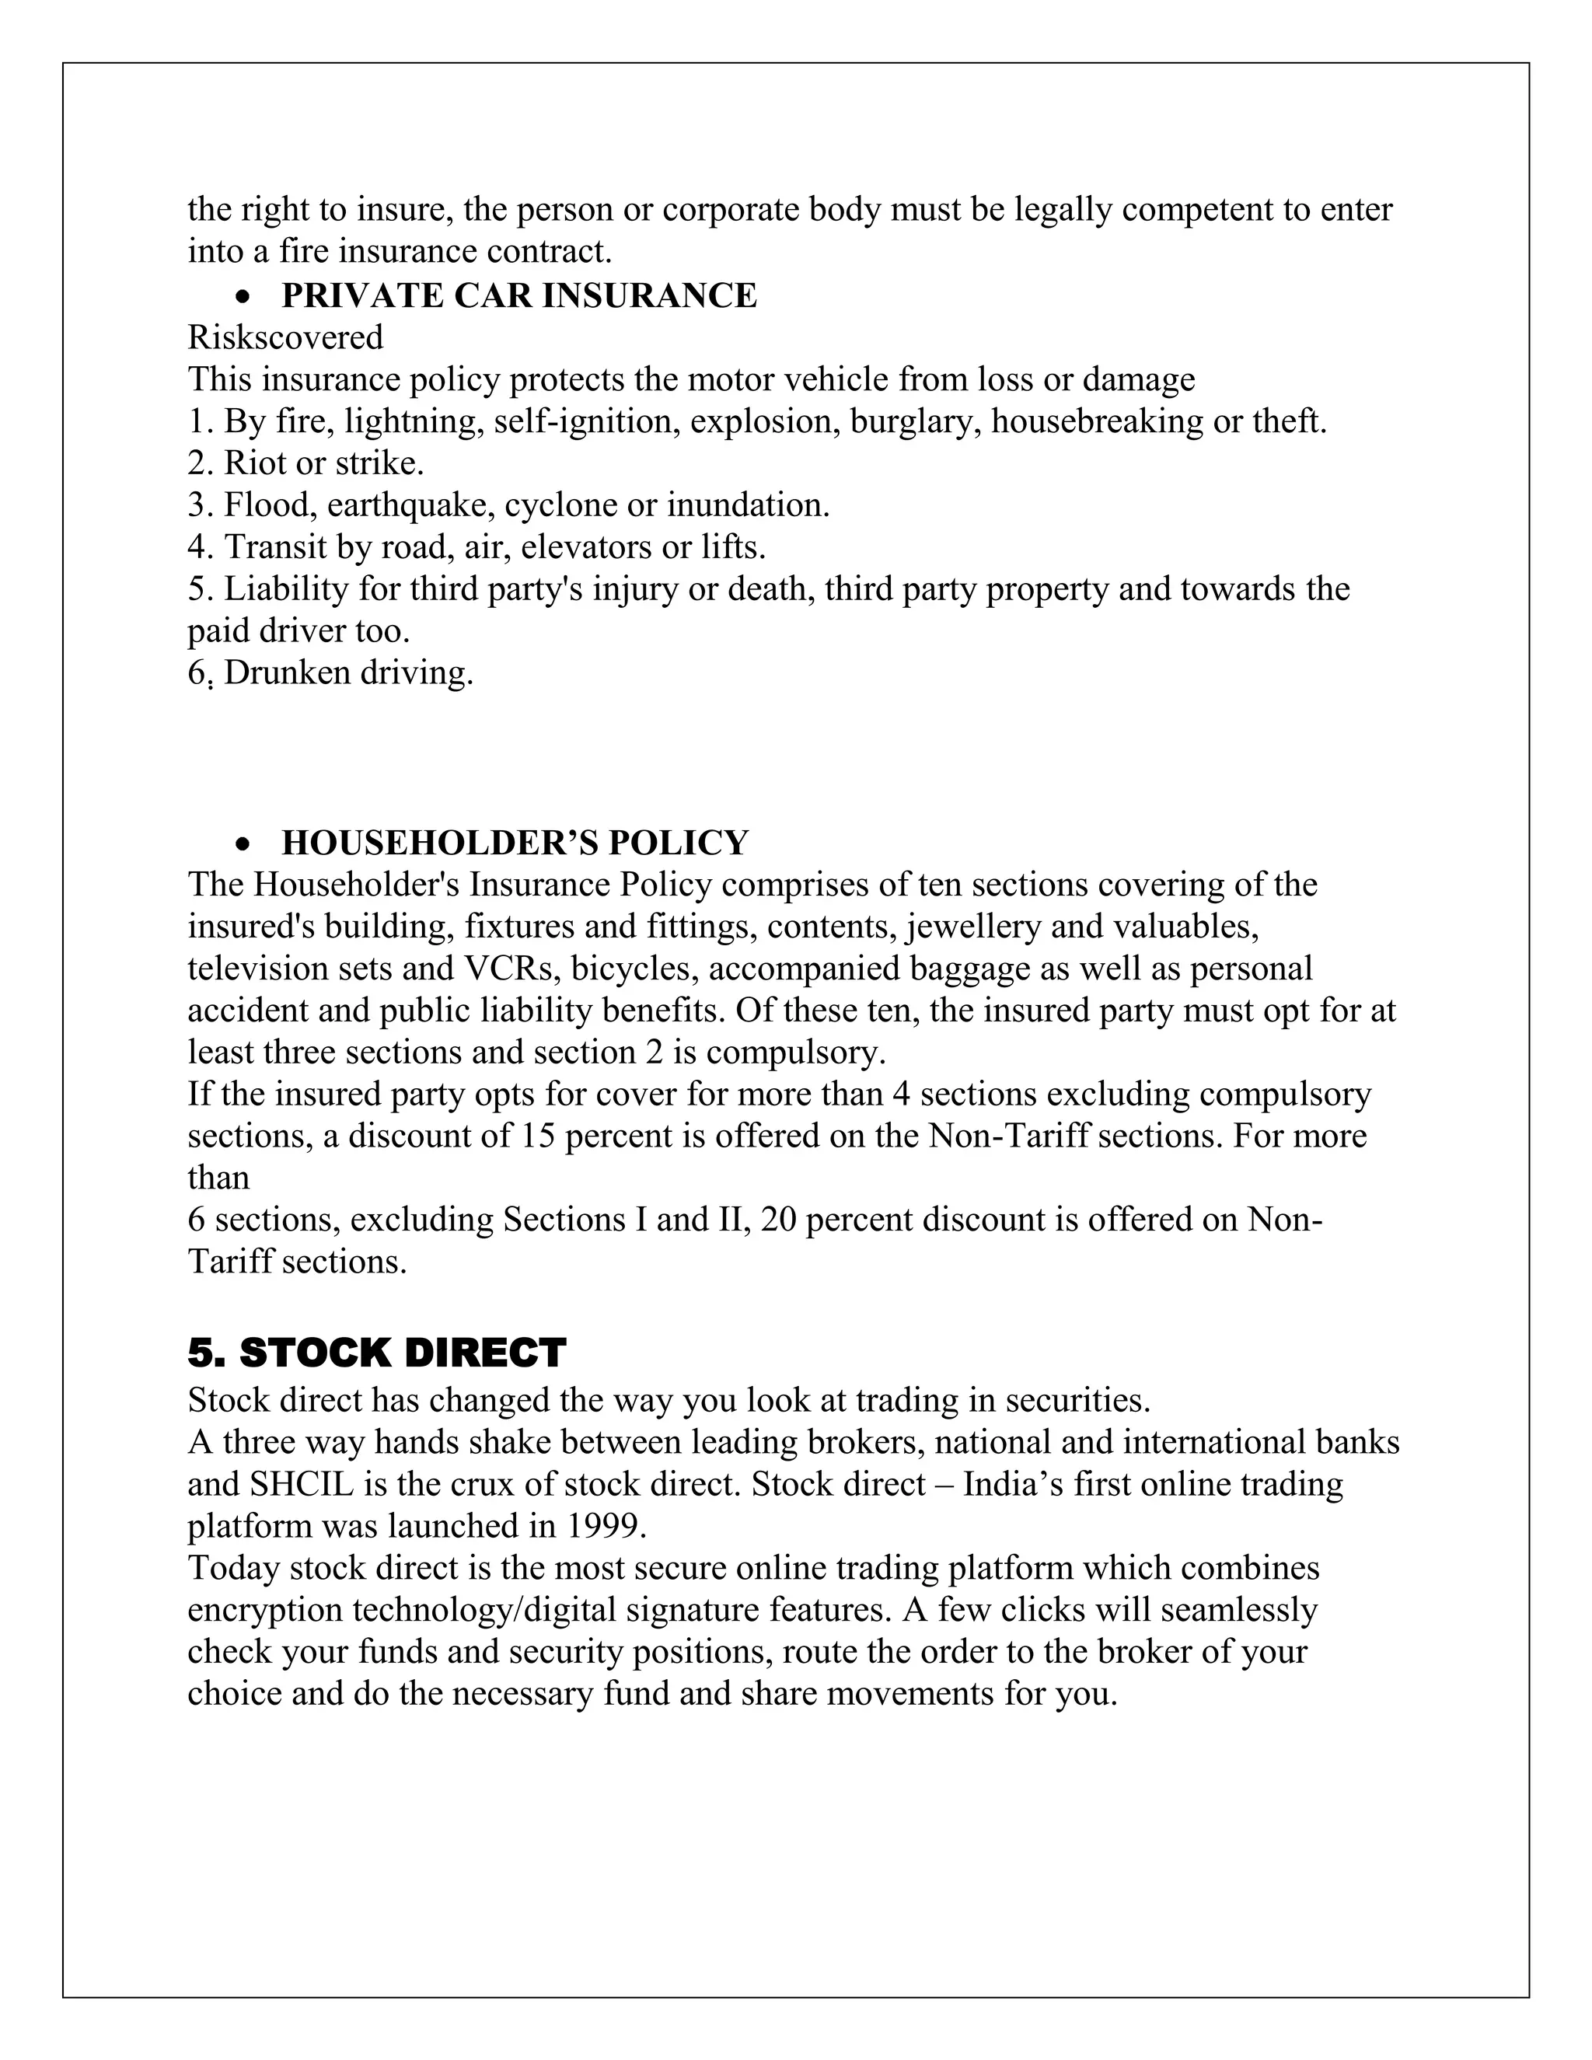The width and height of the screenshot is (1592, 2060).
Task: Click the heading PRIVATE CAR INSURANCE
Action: [x=518, y=296]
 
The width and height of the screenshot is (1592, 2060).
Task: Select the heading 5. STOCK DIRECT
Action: [x=376, y=1353]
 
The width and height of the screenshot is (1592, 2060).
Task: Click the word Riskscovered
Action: [x=286, y=337]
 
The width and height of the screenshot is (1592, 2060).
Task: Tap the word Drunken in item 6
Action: [x=283, y=673]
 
